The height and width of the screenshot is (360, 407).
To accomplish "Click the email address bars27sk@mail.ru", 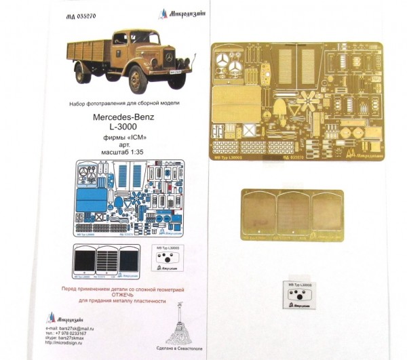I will tap(76, 327).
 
